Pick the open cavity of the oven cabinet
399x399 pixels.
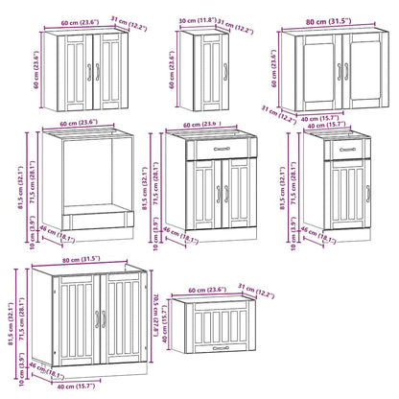coord(83,182)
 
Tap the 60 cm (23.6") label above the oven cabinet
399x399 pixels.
coord(81,122)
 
